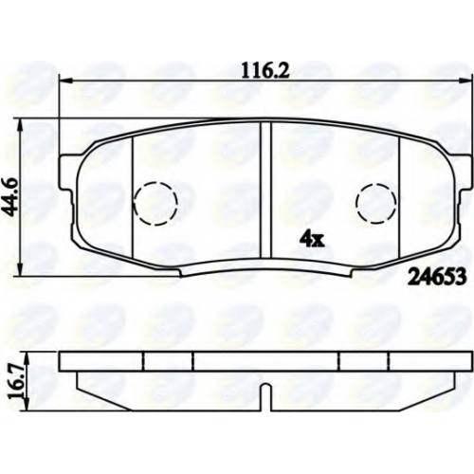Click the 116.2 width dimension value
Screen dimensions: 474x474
point(264,71)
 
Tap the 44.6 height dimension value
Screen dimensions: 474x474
point(13,197)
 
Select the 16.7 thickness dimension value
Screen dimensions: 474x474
point(14,381)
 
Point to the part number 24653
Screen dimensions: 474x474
point(437,277)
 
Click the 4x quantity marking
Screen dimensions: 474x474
point(312,241)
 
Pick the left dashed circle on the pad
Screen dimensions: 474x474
point(155,204)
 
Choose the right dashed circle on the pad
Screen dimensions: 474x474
point(376,203)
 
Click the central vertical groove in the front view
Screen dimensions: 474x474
point(265,191)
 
